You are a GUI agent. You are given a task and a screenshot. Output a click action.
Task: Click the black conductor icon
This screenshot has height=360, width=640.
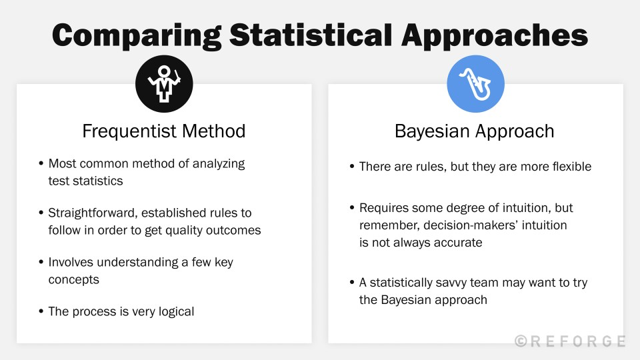pos(164,83)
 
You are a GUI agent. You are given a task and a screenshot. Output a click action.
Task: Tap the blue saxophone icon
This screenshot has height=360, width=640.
pos(475,83)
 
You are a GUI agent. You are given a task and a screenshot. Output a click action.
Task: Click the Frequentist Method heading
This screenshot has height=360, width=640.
pos(164,131)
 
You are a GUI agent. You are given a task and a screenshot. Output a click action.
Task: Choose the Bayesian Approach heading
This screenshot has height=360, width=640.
pos(475,131)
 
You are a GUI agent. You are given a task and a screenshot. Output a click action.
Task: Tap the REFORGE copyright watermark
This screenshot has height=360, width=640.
pos(570,341)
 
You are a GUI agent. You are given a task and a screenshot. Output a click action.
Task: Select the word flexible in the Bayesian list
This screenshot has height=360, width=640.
pos(567,167)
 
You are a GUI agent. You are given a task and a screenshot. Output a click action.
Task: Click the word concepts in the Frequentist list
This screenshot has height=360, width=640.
pos(73,279)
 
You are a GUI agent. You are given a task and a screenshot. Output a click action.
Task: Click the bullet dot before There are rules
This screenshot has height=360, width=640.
pos(352,167)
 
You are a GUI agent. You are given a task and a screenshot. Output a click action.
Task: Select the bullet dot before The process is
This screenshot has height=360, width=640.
pos(41,311)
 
